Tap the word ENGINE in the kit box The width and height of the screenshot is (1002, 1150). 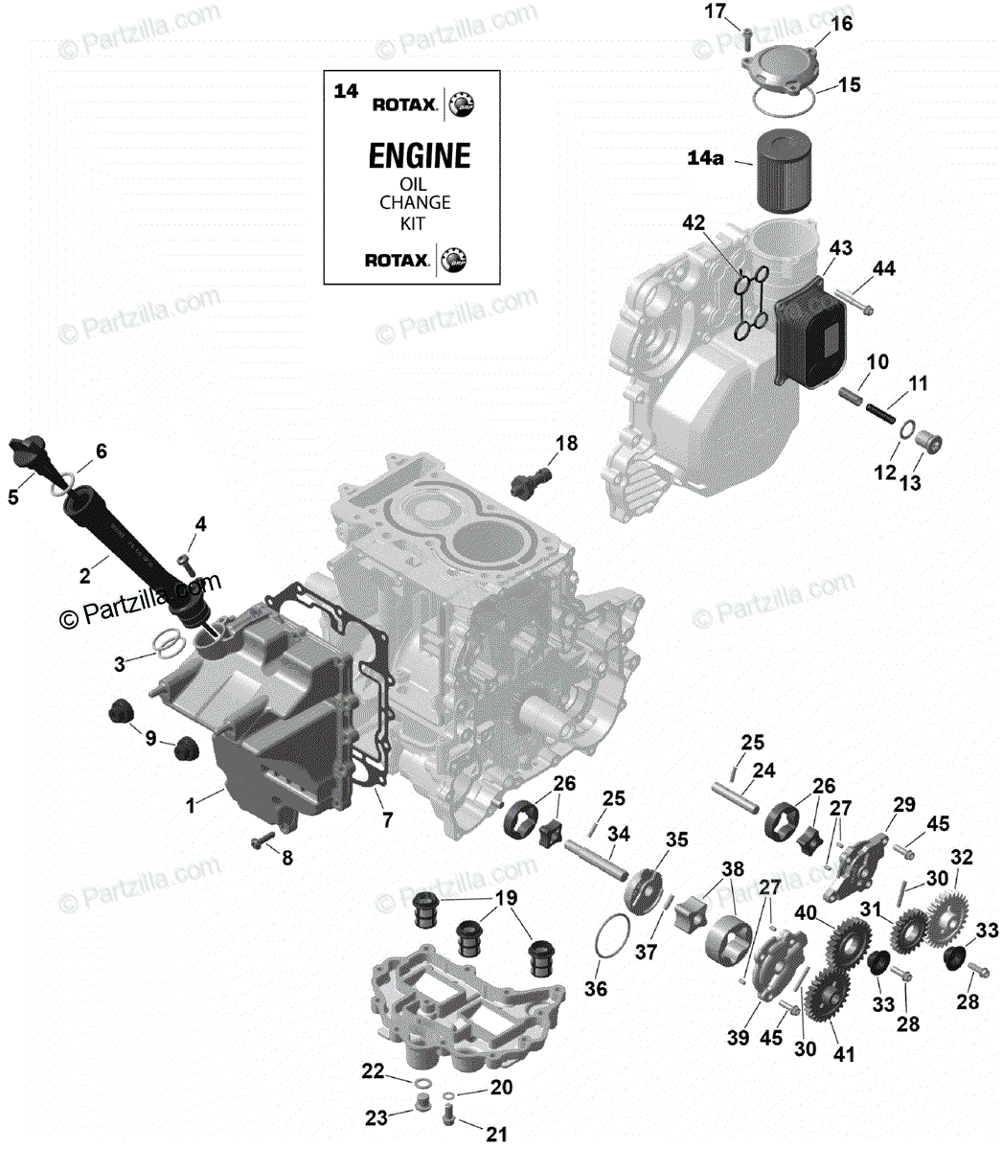tap(420, 155)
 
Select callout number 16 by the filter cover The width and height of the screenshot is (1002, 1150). tap(840, 23)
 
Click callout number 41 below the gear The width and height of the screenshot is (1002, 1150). tap(843, 1055)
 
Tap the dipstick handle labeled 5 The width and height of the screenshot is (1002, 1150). tap(29, 450)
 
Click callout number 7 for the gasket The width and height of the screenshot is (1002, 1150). tap(387, 820)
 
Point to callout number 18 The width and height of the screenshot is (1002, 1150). tap(567, 443)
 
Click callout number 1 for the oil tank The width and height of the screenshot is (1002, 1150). tap(191, 805)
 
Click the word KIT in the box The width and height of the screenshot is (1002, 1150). tap(413, 223)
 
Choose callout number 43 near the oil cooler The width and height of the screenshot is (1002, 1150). tap(840, 248)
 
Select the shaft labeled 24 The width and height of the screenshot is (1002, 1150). tap(736, 795)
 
